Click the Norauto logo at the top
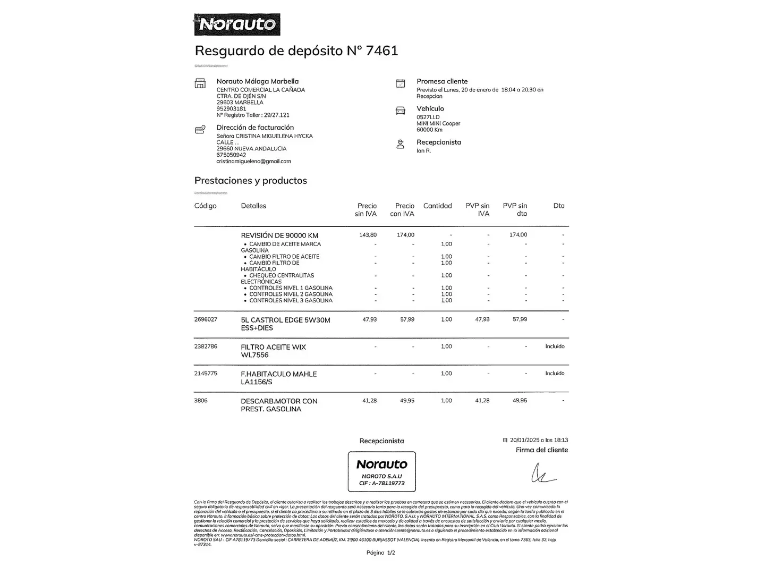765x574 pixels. [x=237, y=24]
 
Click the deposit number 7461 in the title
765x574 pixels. [x=382, y=50]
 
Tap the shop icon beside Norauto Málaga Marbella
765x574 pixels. [x=200, y=83]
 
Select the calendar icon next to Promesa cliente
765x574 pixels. [x=401, y=83]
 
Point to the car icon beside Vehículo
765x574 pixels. [x=401, y=111]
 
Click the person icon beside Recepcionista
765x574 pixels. [x=401, y=144]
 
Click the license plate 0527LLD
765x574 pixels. [x=428, y=117]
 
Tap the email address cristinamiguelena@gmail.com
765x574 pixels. [x=253, y=161]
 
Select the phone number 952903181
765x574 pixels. [x=231, y=108]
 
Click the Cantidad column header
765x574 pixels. [x=437, y=206]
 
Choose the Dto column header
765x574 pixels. [x=558, y=206]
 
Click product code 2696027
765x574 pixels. [x=206, y=319]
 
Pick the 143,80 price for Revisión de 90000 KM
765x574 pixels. [x=368, y=235]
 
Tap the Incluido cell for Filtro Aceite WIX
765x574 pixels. [x=555, y=347]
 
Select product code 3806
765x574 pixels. [x=201, y=401]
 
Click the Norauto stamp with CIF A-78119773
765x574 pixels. [x=381, y=471]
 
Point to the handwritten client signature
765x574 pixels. [x=542, y=472]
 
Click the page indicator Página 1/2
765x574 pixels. [x=380, y=553]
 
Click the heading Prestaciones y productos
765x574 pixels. [x=251, y=181]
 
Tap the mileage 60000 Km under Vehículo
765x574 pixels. [x=429, y=130]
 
